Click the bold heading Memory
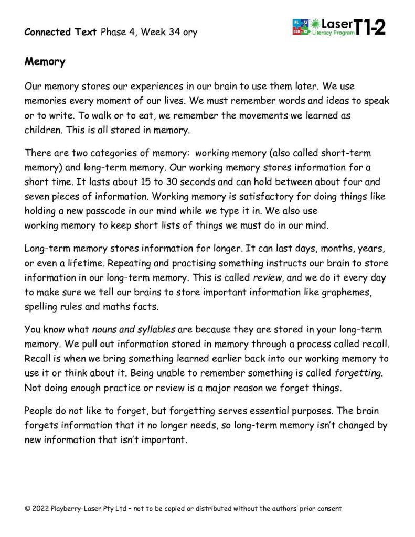click(x=45, y=62)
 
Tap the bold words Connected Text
click(x=60, y=32)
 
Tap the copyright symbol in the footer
click(x=27, y=509)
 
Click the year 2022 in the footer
click(x=40, y=509)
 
